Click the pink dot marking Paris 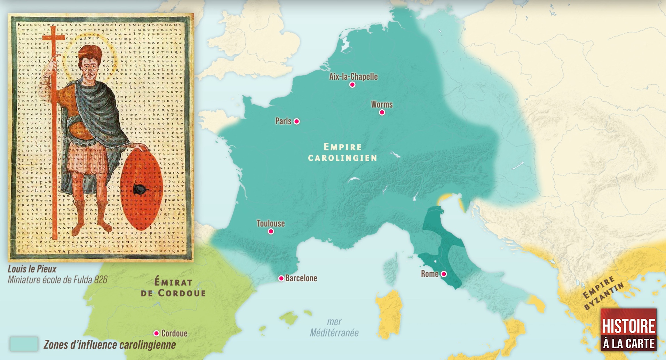tap(296, 121)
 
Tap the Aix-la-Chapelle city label tap(353, 77)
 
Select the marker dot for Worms tap(382, 112)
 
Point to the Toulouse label tap(271, 223)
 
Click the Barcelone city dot tap(281, 278)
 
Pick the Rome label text tap(429, 274)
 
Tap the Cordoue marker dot tap(157, 333)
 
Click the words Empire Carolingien tap(342, 152)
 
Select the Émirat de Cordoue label tap(173, 287)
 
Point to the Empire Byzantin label tap(603, 292)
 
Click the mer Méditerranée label tap(334, 327)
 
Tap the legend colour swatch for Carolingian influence tap(24, 344)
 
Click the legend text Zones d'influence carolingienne tap(109, 345)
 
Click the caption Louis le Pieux tap(32, 269)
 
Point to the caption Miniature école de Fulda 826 tap(57, 280)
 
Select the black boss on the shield tap(140, 189)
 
